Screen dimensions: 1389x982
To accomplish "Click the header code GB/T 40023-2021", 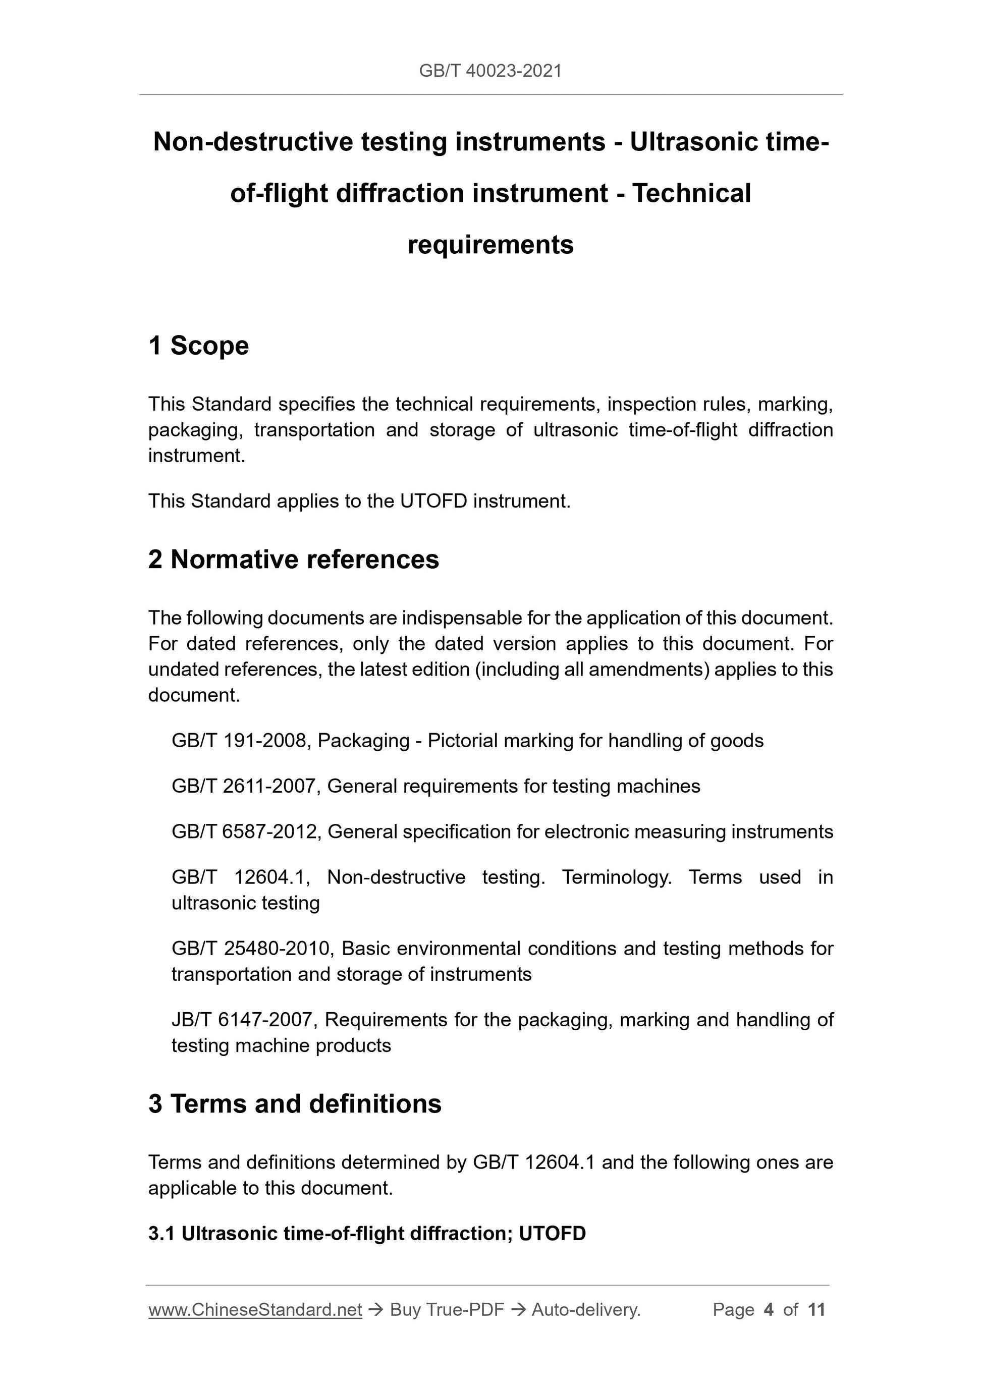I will click(x=490, y=71).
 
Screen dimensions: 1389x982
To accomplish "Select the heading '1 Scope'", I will click(x=198, y=346).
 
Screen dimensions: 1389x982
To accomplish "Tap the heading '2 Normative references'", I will click(x=294, y=560).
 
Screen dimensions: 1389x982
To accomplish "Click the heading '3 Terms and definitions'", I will click(x=295, y=1104).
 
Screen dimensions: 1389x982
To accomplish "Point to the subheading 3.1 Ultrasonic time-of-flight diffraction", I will click(x=367, y=1233).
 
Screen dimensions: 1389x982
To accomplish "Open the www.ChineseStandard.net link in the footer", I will click(x=255, y=1310).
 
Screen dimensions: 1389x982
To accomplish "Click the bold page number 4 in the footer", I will click(x=769, y=1310).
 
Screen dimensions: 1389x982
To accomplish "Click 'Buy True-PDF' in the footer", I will click(x=447, y=1310).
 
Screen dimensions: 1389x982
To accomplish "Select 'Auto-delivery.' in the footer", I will click(x=586, y=1310).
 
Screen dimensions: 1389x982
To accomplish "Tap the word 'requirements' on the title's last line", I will click(x=490, y=245).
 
